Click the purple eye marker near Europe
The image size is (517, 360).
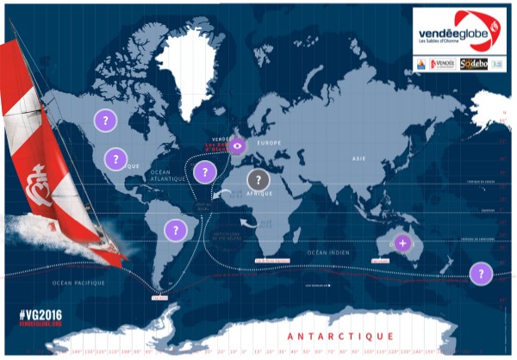(x=238, y=146)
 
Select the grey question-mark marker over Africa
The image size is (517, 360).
(x=257, y=180)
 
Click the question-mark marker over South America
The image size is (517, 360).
(x=175, y=230)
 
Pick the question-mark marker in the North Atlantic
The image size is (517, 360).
(x=202, y=171)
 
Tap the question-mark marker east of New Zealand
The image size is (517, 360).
(x=481, y=274)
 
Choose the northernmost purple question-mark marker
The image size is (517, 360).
(x=105, y=121)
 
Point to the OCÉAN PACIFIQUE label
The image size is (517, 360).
(x=79, y=282)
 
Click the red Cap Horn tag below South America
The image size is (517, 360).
(x=157, y=297)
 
